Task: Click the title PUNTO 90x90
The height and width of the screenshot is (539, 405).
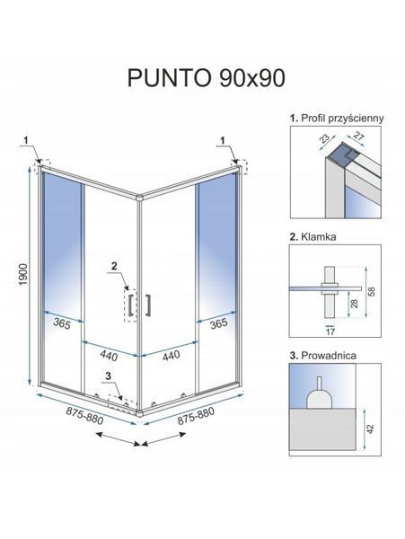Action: [207, 78]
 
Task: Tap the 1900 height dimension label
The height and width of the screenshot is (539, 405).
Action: [23, 275]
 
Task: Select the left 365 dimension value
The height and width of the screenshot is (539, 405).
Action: [62, 323]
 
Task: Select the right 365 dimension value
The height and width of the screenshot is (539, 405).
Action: [218, 323]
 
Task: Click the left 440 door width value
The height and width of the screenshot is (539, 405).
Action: [109, 356]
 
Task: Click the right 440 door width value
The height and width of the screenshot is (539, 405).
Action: [171, 356]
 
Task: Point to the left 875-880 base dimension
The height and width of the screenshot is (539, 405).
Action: [84, 415]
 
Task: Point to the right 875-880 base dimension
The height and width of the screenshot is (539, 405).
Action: [196, 416]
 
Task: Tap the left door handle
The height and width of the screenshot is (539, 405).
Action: [130, 305]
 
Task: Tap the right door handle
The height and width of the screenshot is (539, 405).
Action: [148, 305]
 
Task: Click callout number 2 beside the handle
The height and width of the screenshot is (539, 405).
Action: [114, 266]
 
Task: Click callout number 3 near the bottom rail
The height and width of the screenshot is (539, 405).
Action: [109, 376]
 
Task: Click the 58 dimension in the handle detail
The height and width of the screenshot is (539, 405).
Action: [372, 291]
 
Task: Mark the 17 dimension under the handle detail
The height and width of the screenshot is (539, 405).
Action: [330, 331]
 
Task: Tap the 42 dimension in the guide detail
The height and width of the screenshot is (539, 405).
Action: [370, 429]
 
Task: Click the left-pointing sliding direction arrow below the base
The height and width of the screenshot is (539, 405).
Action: [118, 438]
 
